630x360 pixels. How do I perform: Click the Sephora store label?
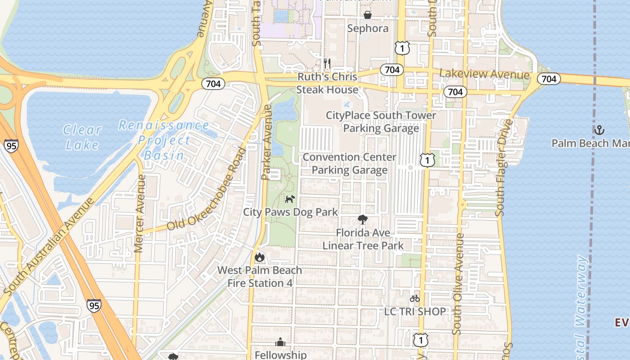tap(368, 28)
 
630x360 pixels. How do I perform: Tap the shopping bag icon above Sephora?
tap(368, 15)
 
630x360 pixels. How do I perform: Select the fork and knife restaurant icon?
tap(327, 63)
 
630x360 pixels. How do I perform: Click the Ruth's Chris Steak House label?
tap(327, 83)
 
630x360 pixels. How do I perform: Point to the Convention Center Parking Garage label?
tap(350, 163)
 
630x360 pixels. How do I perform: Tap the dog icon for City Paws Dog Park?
tap(290, 198)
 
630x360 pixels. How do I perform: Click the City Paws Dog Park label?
tap(290, 211)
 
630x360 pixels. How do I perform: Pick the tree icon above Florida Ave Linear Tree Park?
tap(362, 220)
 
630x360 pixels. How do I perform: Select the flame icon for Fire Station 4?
tap(260, 257)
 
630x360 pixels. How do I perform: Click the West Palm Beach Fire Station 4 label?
tap(260, 276)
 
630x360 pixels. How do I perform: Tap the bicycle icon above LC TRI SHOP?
tap(414, 298)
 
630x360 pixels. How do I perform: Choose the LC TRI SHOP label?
tap(415, 311)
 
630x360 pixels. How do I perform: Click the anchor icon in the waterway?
tap(599, 130)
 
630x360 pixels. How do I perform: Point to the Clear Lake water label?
tap(82, 137)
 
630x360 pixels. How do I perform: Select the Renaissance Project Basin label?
tap(164, 140)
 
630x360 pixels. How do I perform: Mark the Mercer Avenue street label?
tap(139, 213)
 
